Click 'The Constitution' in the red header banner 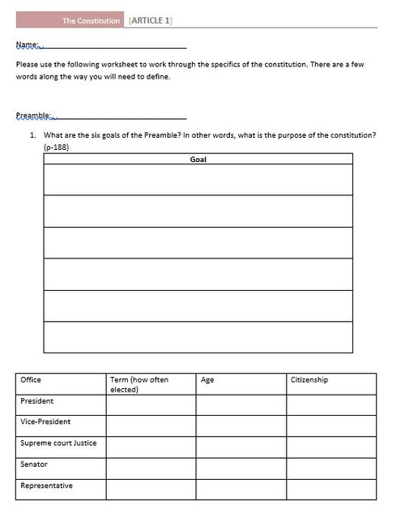pyautogui.click(x=92, y=20)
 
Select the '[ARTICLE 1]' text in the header pyautogui.click(x=150, y=20)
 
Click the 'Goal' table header pyautogui.click(x=198, y=160)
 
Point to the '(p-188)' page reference pyautogui.click(x=57, y=148)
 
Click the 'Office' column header pyautogui.click(x=31, y=379)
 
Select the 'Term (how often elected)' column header pyautogui.click(x=139, y=384)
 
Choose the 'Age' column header pyautogui.click(x=207, y=379)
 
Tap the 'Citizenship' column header pyautogui.click(x=309, y=379)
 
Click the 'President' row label pyautogui.click(x=37, y=400)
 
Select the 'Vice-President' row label pyautogui.click(x=45, y=421)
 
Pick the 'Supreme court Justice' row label pyautogui.click(x=58, y=443)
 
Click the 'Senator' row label pyautogui.click(x=34, y=464)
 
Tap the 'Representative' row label pyautogui.click(x=46, y=485)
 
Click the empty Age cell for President pyautogui.click(x=241, y=404)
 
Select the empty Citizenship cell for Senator pyautogui.click(x=331, y=468)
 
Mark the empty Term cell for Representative pyautogui.click(x=151, y=490)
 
